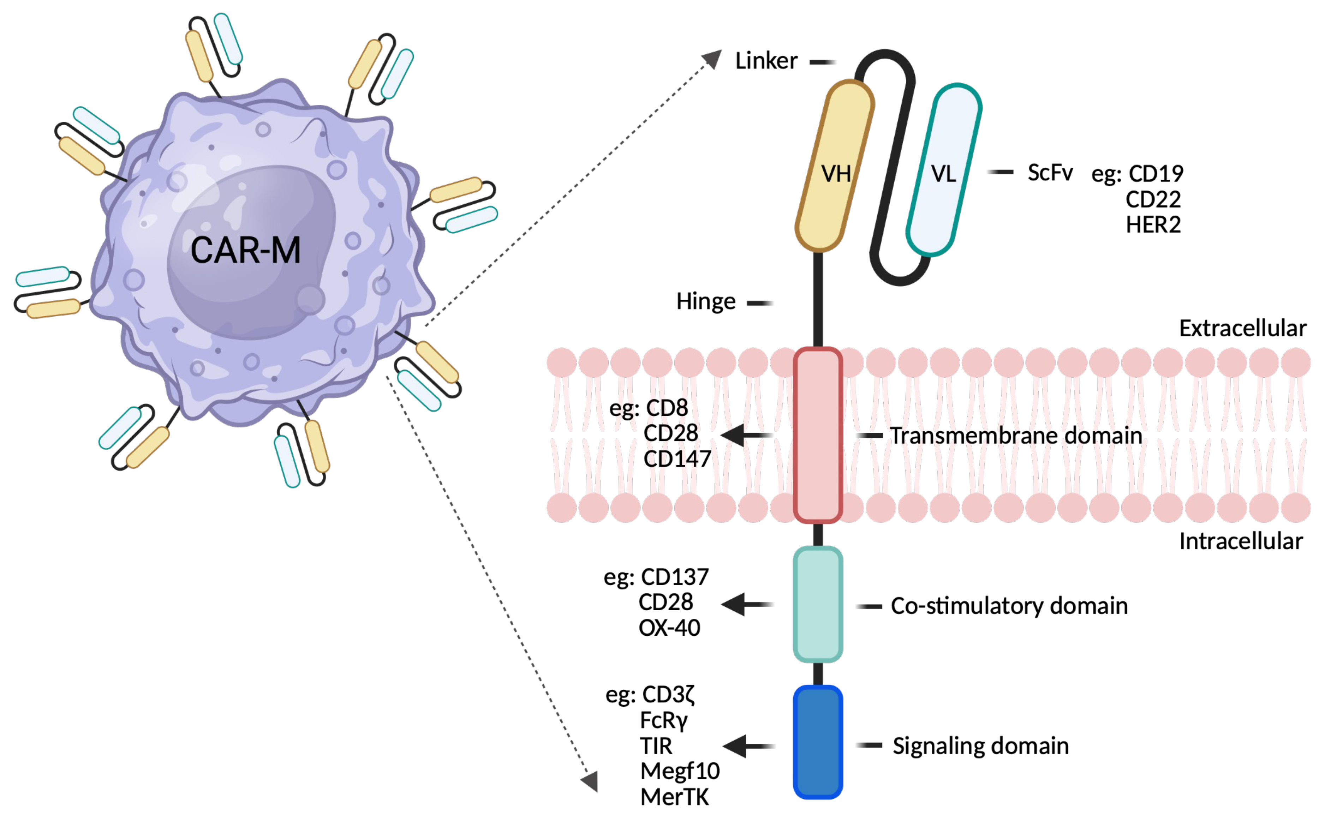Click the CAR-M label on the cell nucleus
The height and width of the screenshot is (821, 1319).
click(245, 251)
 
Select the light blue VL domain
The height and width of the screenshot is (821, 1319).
click(943, 169)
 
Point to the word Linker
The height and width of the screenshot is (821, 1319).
click(766, 61)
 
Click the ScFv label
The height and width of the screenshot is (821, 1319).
click(1050, 173)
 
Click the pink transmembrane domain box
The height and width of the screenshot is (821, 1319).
click(818, 435)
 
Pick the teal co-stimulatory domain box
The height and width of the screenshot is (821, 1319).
click(818, 604)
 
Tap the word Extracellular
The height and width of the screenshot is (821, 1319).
click(1242, 329)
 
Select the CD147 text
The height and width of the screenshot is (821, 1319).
click(677, 459)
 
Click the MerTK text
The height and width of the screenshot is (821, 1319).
click(674, 797)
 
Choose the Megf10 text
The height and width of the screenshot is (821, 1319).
click(680, 771)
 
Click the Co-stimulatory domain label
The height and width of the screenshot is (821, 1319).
click(1009, 606)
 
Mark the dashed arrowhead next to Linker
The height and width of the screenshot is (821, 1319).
click(712, 59)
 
